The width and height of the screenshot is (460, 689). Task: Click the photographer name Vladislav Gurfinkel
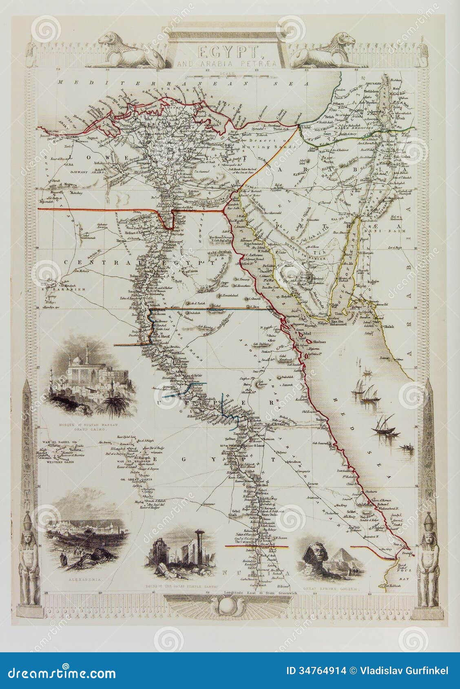pyautogui.click(x=403, y=671)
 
